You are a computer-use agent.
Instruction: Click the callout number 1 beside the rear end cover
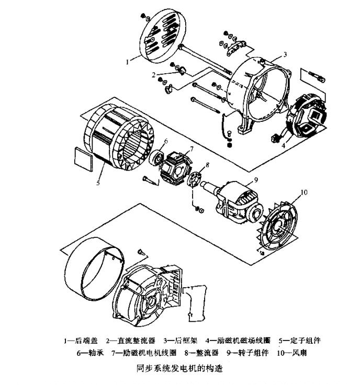(x=127, y=62)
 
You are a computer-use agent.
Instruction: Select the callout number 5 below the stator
(x=97, y=183)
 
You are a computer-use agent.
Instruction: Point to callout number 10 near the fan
(x=305, y=193)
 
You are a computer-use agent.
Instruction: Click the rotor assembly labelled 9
(x=238, y=201)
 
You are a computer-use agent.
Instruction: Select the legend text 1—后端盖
(x=80, y=340)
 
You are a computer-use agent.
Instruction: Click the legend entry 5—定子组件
(x=299, y=340)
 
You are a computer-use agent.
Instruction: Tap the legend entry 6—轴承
(x=92, y=353)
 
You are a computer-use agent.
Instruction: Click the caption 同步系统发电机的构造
(x=179, y=368)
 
